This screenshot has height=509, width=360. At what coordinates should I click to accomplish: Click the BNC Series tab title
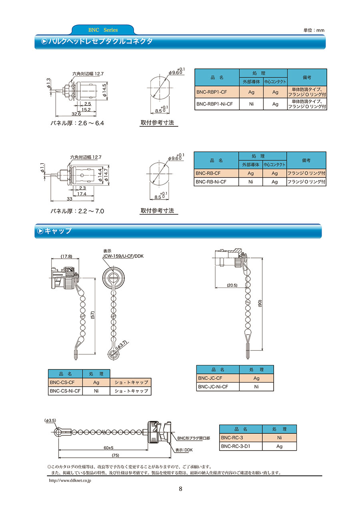point(103,30)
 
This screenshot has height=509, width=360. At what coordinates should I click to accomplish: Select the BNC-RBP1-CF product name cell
point(217,92)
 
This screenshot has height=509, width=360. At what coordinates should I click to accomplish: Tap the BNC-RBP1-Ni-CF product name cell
point(217,104)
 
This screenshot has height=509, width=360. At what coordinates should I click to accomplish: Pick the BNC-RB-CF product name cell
point(216,173)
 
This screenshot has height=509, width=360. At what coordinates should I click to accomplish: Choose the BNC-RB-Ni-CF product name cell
point(216,182)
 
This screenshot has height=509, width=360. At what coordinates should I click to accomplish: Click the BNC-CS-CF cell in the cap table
point(65,382)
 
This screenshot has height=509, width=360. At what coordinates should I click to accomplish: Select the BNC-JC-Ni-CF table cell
point(218,387)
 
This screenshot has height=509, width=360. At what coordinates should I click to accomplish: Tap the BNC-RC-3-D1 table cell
point(241,446)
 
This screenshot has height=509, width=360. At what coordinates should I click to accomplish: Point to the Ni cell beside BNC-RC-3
point(279,438)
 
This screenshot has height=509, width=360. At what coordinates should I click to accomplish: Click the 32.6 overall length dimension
point(76,114)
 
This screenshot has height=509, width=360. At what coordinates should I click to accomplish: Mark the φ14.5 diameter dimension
point(104,90)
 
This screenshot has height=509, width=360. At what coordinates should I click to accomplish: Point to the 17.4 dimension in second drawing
point(82,194)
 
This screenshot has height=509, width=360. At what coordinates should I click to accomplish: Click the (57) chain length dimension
point(92,315)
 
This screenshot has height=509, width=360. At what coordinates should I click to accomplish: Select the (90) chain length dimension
point(260,303)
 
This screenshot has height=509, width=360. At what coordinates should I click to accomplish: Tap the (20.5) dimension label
point(232,285)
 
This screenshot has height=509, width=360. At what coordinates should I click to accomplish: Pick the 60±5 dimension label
point(108,448)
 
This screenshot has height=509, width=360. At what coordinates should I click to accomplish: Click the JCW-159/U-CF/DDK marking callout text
point(123,256)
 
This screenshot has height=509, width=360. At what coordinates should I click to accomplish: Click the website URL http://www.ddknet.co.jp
point(70,480)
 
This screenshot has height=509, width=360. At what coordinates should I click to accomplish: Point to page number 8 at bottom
point(180,489)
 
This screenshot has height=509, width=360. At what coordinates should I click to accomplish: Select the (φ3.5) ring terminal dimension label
point(50,420)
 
